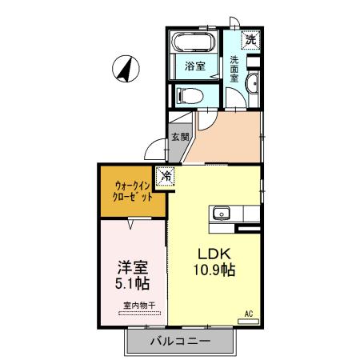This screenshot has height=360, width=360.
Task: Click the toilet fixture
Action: [189, 95]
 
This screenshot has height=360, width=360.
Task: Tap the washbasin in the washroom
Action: [253, 86]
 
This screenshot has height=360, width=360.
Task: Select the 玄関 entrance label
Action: [179, 137]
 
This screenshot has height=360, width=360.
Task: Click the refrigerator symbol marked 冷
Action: [166, 175]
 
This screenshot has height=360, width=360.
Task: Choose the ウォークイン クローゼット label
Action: [132, 191]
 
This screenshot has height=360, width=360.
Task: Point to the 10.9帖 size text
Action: [212, 270]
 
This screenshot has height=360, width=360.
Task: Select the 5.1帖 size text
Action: [132, 284]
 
